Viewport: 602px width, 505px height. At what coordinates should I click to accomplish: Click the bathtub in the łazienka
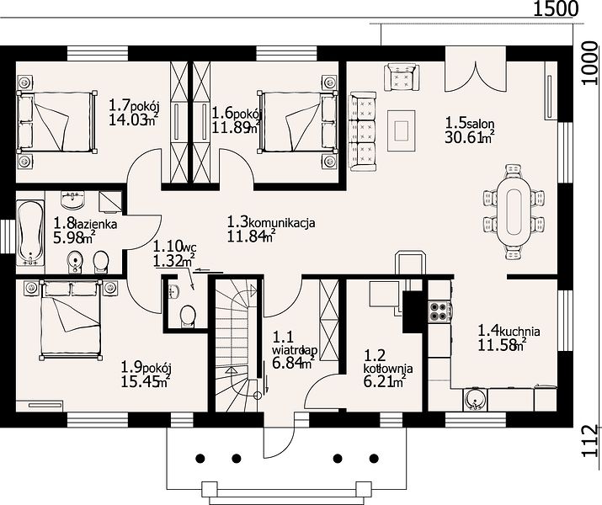click(x=30, y=233)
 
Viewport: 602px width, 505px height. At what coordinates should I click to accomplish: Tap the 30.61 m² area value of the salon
click(x=469, y=136)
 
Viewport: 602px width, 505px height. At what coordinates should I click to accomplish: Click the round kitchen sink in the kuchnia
click(x=476, y=400)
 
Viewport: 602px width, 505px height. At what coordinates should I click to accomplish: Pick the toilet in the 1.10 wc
click(x=188, y=316)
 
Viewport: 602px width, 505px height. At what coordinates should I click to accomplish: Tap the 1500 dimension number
click(x=556, y=8)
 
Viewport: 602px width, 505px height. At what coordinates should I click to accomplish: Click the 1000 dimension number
click(x=590, y=63)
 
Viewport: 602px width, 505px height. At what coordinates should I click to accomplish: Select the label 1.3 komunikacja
click(x=271, y=222)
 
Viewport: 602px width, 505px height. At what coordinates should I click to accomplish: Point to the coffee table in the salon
click(x=402, y=130)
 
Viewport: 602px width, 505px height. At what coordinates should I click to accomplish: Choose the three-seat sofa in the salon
click(x=363, y=131)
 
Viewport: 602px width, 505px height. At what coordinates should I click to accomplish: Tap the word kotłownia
click(x=388, y=369)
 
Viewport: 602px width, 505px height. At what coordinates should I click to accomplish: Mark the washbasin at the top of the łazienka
click(x=72, y=200)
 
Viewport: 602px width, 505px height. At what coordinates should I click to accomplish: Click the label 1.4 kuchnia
click(x=509, y=330)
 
